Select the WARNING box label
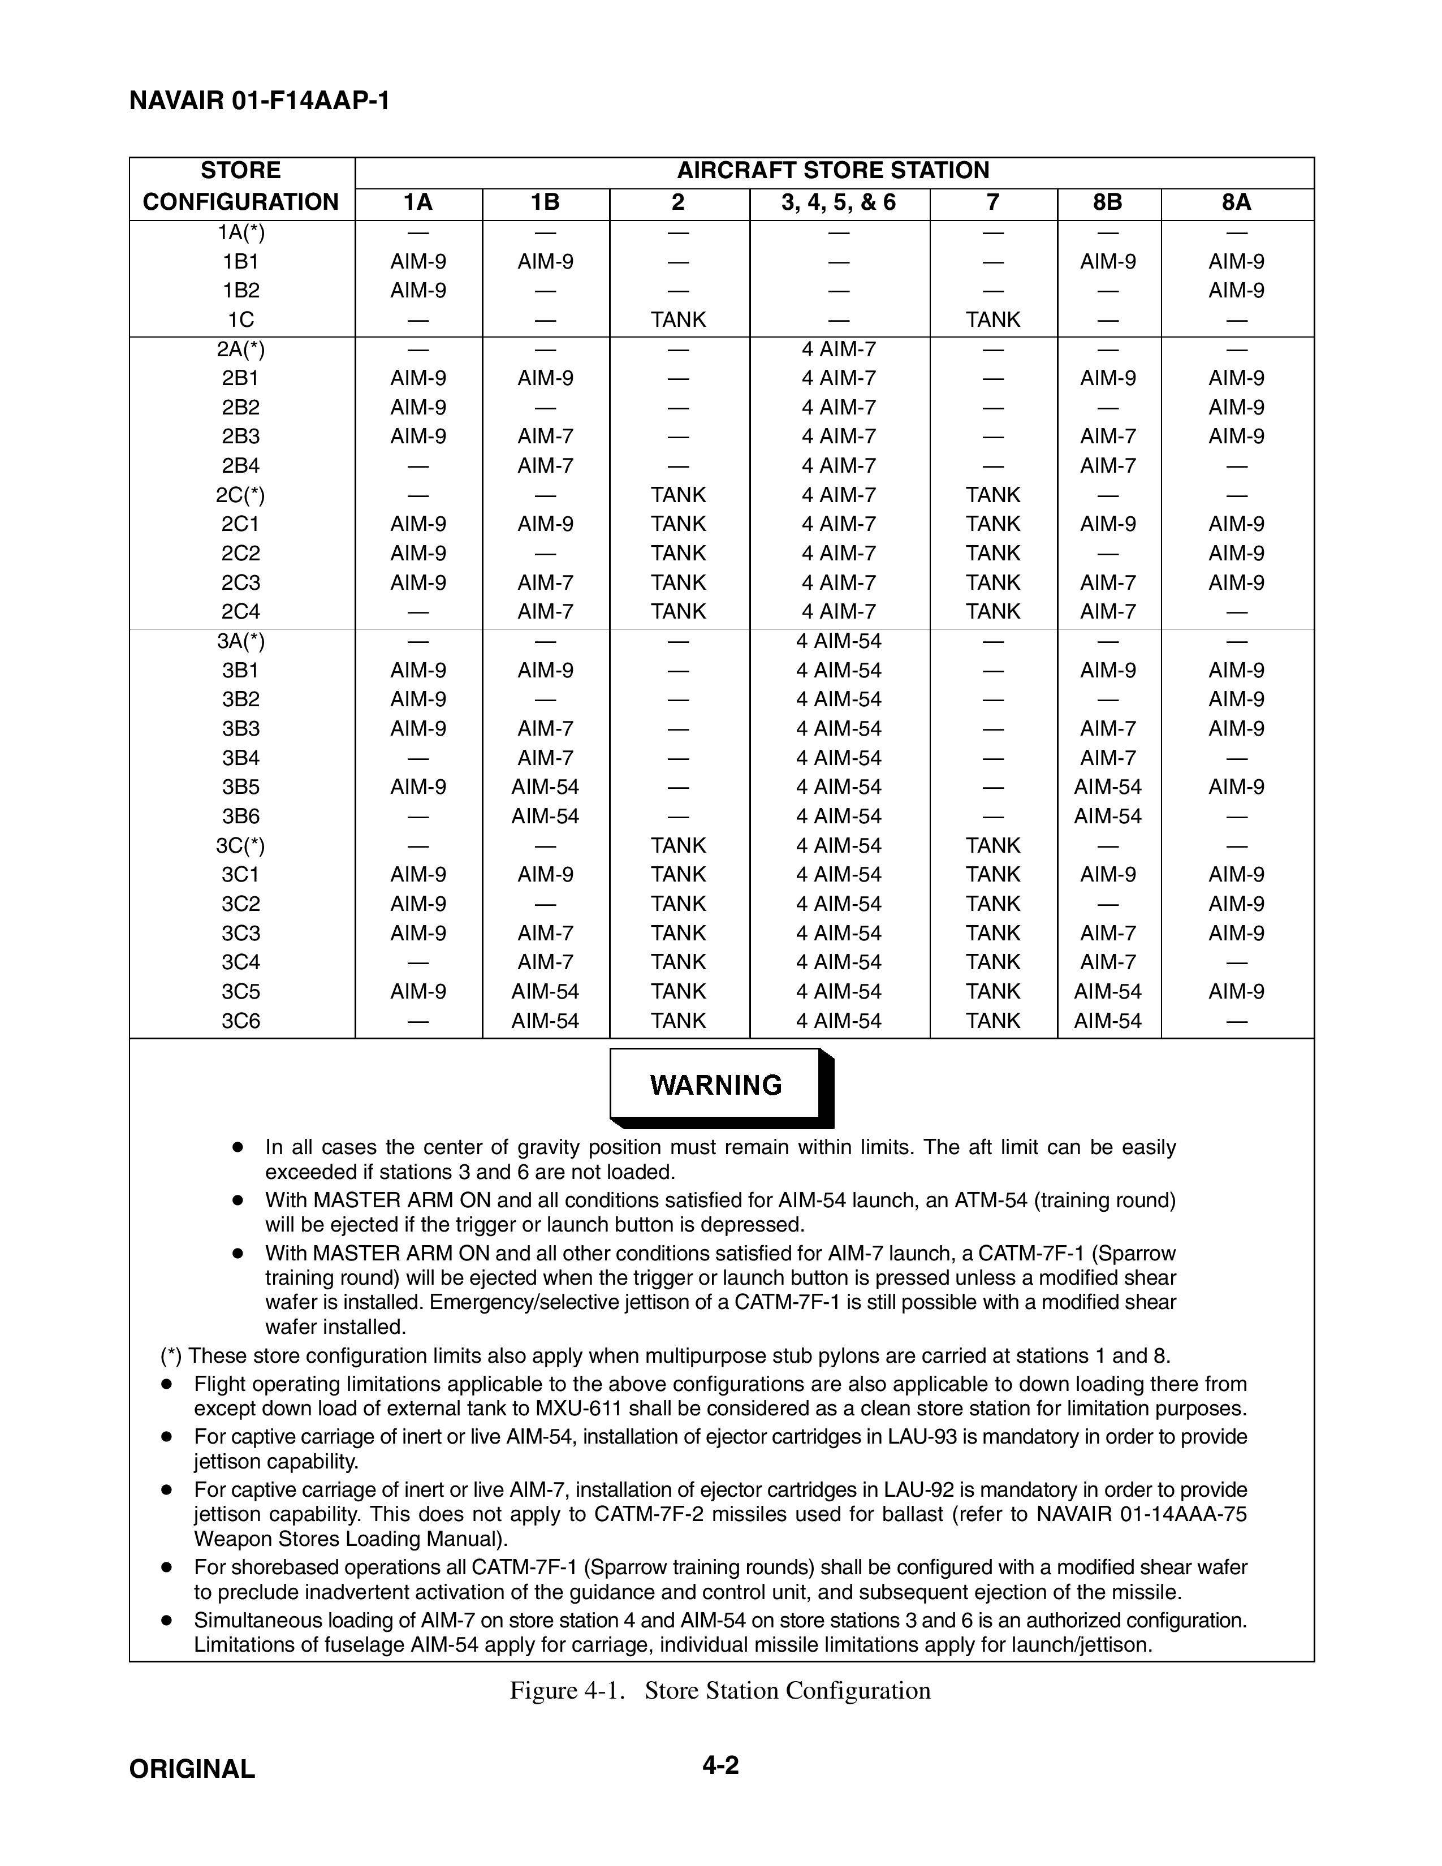pos(716,1085)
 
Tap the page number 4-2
pos(720,1764)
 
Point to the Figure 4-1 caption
pos(719,1691)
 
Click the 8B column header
pos(1108,202)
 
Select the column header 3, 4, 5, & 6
pos(838,202)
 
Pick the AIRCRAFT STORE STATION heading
pos(833,171)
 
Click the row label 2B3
pos(241,437)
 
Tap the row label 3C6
pos(241,1021)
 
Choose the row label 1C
pos(241,319)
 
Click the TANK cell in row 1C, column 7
pos(992,319)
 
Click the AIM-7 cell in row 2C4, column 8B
pos(1108,612)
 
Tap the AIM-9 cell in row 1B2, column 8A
pos(1236,291)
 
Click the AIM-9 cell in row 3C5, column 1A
pos(418,992)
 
